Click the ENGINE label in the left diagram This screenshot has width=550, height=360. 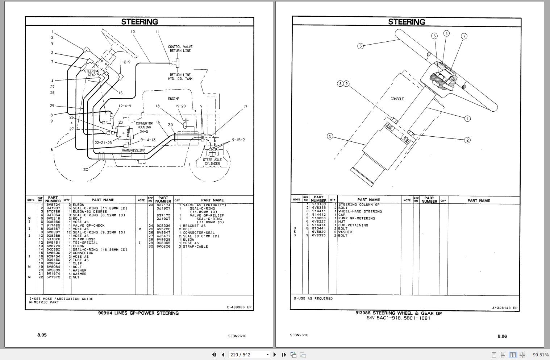(174, 99)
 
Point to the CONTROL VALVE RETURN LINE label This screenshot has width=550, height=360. (180, 49)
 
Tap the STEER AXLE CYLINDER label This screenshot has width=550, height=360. (212, 162)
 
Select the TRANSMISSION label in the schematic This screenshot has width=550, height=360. (133, 150)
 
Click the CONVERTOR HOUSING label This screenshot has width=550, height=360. (144, 125)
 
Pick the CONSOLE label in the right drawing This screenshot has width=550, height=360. (397, 99)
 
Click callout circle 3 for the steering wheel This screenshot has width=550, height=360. (360, 46)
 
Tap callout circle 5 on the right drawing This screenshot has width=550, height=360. (330, 136)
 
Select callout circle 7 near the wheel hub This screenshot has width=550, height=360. (464, 36)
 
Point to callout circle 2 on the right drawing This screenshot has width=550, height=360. (467, 140)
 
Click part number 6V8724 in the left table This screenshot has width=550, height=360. (53, 205)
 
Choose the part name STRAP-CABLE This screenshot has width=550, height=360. (195, 247)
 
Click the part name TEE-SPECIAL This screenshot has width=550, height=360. (85, 243)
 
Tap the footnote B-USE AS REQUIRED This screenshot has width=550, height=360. (313, 299)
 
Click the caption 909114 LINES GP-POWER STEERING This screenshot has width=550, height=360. (138, 313)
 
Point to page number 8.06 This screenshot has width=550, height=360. (502, 336)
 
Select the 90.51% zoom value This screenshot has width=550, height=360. (541, 355)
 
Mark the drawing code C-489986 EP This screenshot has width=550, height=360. (239, 307)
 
